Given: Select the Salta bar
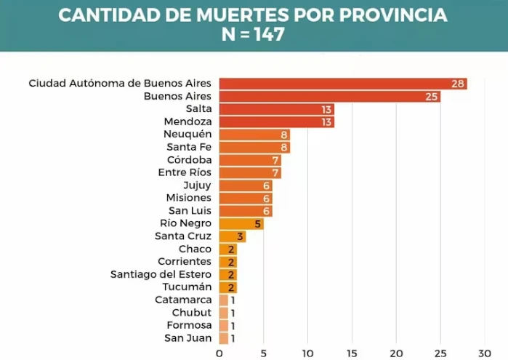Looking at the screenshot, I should pyautogui.click(x=276, y=109).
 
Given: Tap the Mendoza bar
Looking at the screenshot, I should pyautogui.click(x=276, y=121).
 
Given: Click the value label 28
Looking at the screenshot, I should pyautogui.click(x=458, y=84).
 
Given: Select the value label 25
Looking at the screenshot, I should pyautogui.click(x=432, y=96).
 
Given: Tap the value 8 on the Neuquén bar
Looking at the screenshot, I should pyautogui.click(x=284, y=135).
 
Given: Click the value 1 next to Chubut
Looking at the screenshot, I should pyautogui.click(x=233, y=313).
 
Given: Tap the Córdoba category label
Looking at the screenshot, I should pyautogui.click(x=189, y=160).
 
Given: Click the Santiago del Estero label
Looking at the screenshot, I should pyautogui.click(x=161, y=274).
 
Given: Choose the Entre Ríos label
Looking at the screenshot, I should pyautogui.click(x=185, y=172).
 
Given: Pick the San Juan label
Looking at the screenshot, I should pyautogui.click(x=188, y=338).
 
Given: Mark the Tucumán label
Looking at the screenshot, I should pyautogui.click(x=188, y=287).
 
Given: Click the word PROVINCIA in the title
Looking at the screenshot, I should pyautogui.click(x=390, y=15).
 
